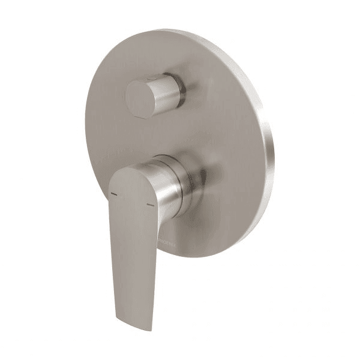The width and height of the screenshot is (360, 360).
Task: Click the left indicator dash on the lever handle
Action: (112, 194)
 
